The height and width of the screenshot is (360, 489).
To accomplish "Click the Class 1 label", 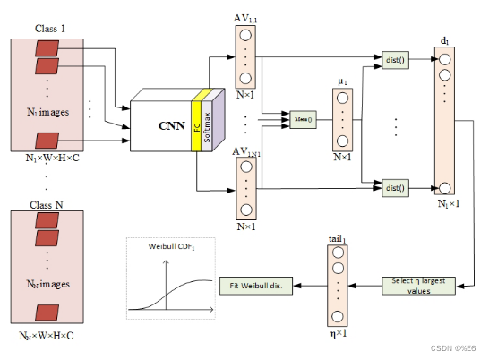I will pos(52,28).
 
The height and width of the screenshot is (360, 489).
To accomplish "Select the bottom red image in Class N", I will pos(47,313).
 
